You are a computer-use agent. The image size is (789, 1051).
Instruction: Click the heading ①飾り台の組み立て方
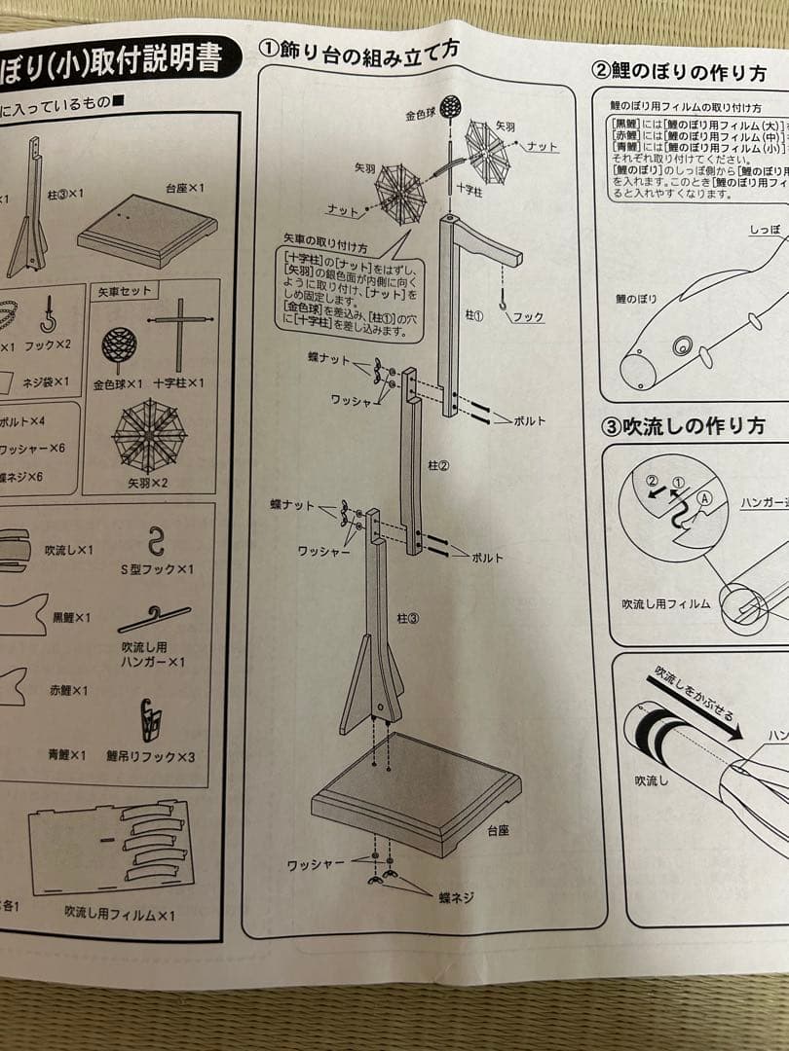point(358,50)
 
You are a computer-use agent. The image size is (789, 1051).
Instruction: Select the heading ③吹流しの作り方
point(682,426)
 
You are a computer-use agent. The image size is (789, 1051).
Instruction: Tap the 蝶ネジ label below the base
point(455,898)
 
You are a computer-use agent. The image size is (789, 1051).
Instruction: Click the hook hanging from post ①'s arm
point(504,304)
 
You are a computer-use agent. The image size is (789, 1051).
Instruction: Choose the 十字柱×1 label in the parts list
point(178,383)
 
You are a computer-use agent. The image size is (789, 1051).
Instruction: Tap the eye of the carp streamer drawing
point(681,344)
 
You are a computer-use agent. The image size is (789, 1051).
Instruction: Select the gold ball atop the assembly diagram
point(449,107)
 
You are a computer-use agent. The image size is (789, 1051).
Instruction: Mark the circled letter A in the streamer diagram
point(703,495)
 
